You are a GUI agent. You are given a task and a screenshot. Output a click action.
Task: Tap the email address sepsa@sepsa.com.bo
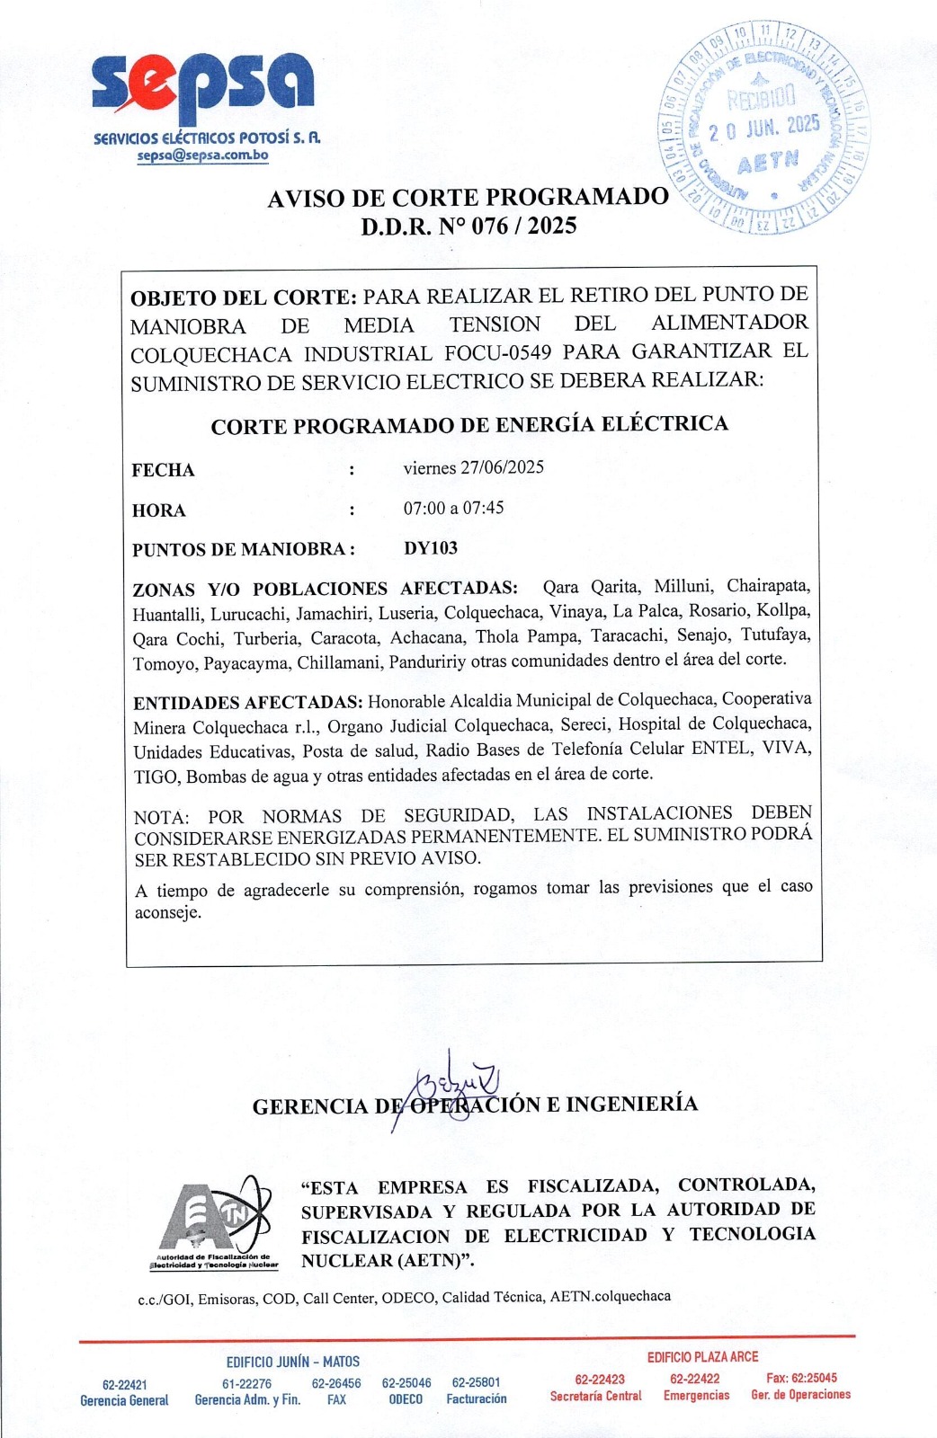click(202, 155)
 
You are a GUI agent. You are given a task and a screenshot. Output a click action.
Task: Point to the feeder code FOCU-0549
click(497, 352)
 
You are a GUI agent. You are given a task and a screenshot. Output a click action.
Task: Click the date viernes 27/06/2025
click(473, 467)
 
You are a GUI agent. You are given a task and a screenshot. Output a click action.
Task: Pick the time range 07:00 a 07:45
click(453, 508)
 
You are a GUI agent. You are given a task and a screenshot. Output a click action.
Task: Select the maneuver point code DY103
click(431, 548)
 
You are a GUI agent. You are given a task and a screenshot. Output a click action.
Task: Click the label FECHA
click(163, 470)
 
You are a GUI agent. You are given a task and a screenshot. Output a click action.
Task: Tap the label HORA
click(158, 510)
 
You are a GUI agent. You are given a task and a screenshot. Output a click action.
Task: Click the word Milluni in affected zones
click(683, 587)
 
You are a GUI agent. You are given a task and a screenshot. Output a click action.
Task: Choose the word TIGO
click(156, 777)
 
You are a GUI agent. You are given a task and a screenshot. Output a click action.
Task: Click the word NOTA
click(161, 817)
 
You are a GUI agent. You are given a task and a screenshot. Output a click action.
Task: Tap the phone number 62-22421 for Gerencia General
click(124, 1385)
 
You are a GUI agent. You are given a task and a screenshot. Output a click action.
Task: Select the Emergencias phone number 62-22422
click(694, 1379)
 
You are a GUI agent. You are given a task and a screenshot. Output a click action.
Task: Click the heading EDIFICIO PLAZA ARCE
click(702, 1357)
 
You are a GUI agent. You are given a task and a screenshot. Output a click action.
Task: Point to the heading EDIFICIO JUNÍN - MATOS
click(292, 1362)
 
